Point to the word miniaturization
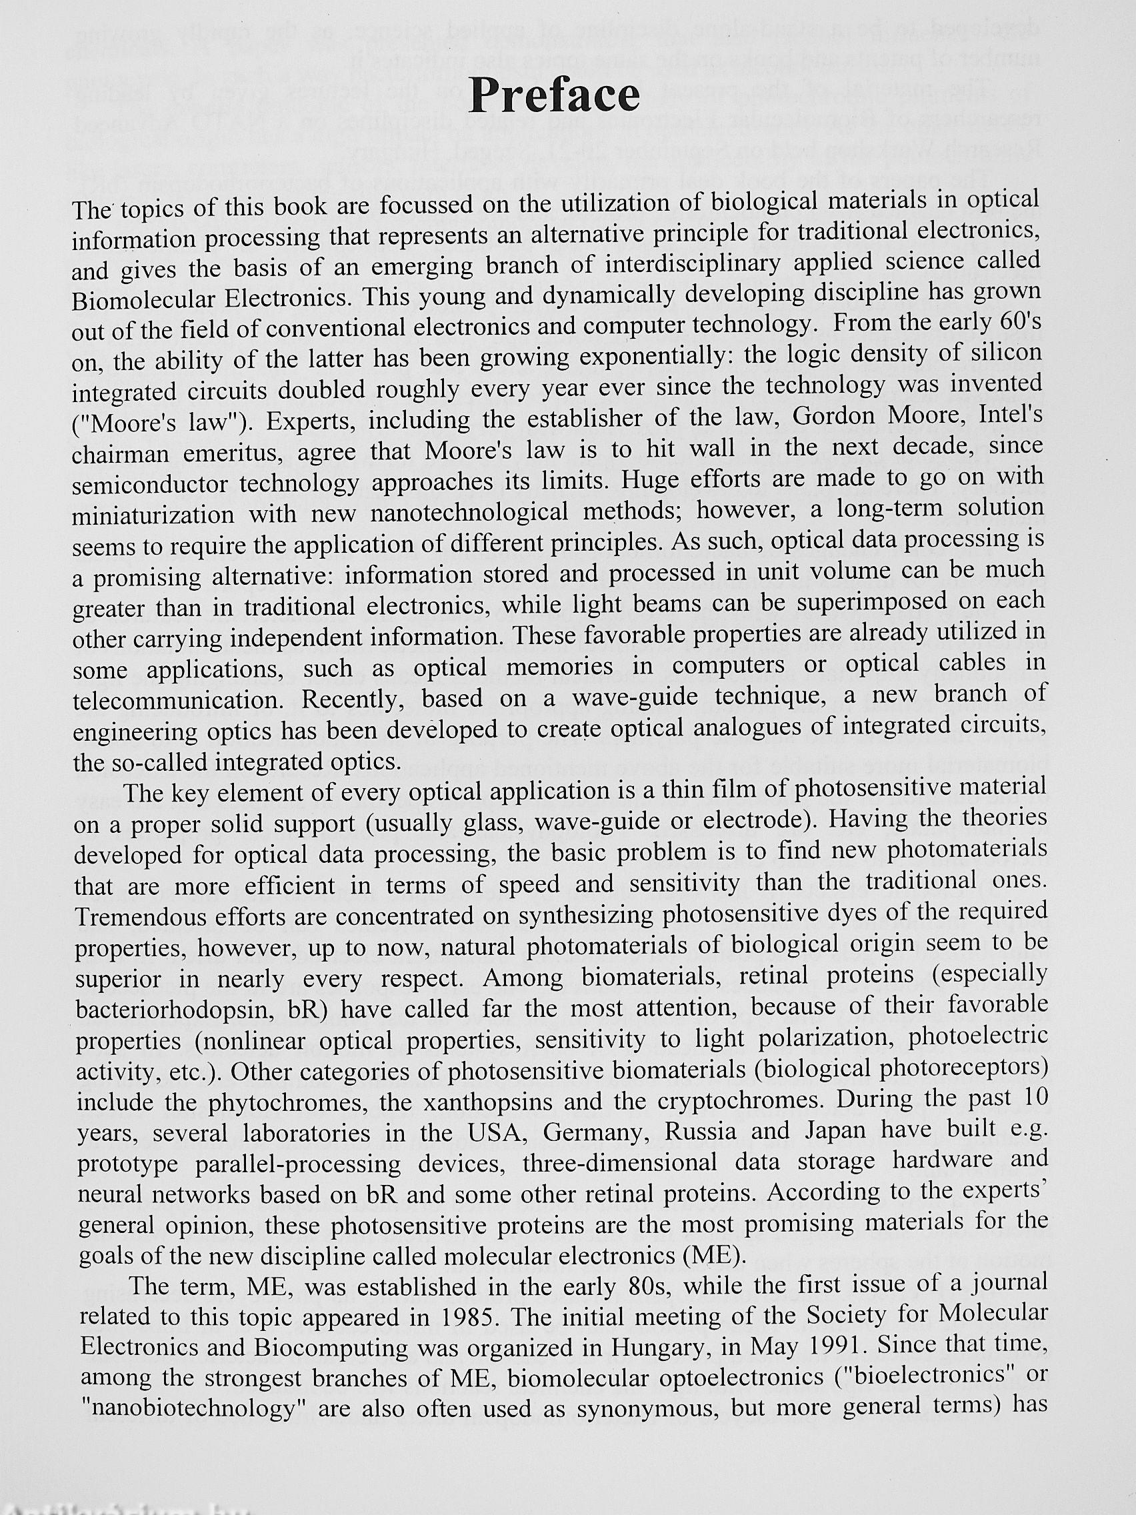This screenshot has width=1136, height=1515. click(154, 514)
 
